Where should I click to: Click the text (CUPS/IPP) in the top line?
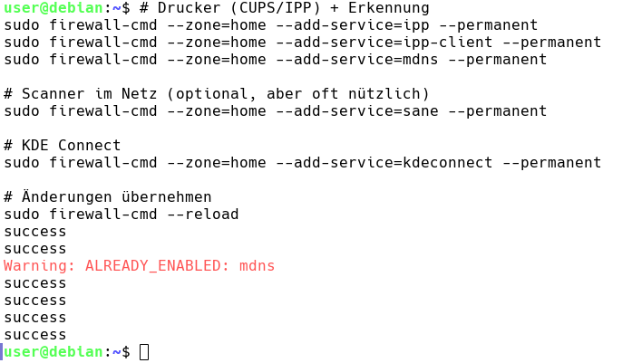276,8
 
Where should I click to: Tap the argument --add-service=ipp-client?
384,43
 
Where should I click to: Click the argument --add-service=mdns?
357,60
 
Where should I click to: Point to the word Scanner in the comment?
53,94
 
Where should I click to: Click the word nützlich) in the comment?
389,94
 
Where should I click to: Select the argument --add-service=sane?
357,111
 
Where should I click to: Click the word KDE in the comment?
35,145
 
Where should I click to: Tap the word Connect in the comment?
89,145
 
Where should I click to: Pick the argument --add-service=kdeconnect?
384,163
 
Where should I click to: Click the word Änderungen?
66,196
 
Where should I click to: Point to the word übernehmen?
167,196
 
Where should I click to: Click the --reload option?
203,215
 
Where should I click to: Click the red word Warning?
40,266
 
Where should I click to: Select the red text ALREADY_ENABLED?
153,266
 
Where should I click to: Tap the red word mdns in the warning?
257,266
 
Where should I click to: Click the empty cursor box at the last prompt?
144,352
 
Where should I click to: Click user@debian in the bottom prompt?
53,352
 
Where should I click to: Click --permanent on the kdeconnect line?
552,163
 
